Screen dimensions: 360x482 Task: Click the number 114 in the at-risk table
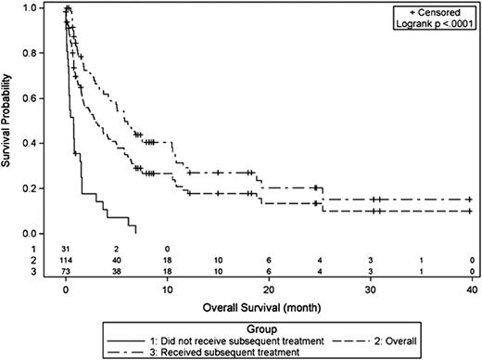[66, 260]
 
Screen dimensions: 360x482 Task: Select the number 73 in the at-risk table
[66, 271]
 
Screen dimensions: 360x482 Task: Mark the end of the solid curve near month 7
[136, 232]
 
